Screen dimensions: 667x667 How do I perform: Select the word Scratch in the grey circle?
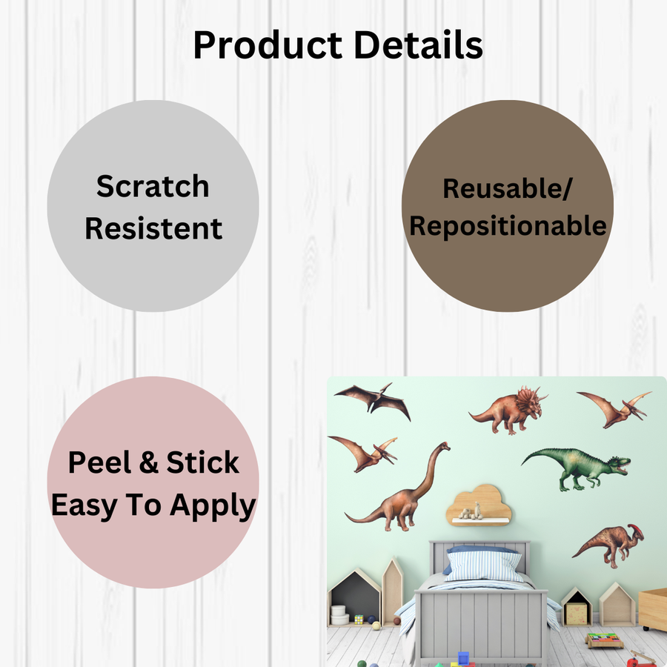pos(153,186)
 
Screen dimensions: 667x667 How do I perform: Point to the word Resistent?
pos(153,228)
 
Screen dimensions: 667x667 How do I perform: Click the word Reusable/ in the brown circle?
pos(508,189)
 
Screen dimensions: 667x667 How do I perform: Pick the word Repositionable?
pos(508,226)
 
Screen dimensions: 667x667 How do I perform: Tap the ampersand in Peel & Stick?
pos(148,462)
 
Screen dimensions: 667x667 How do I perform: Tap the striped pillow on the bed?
pos(485,567)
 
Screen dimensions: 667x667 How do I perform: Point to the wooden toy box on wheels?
pos(653,608)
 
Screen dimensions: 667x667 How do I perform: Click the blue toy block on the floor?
pos(464,657)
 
